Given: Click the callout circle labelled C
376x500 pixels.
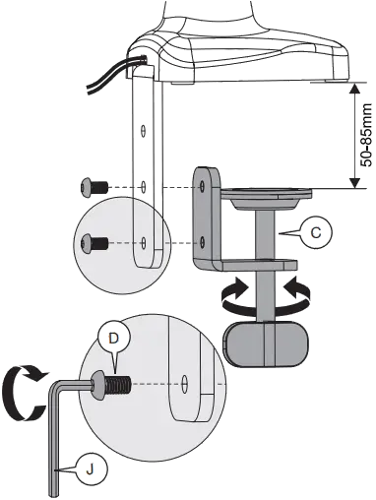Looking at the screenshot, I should click(x=316, y=230).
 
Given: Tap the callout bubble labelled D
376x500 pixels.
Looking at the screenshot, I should click(x=114, y=338).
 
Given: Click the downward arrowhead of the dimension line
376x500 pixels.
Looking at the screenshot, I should click(x=352, y=180).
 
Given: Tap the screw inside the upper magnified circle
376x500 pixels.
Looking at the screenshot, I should click(x=96, y=240).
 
